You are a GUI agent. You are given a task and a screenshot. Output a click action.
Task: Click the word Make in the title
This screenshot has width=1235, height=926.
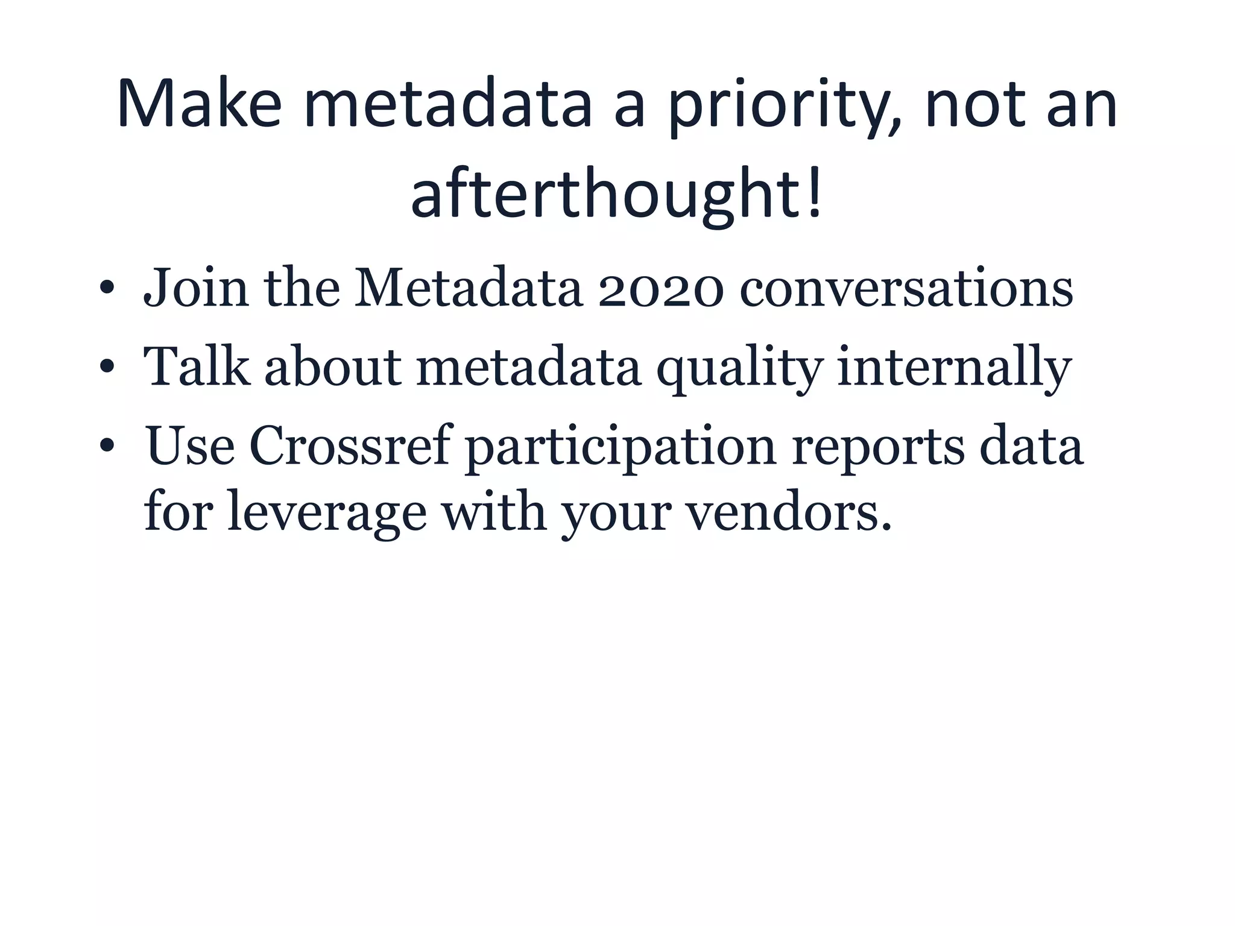pyautogui.click(x=200, y=104)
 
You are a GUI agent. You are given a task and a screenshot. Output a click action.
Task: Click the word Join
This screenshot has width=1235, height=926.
pyautogui.click(x=196, y=289)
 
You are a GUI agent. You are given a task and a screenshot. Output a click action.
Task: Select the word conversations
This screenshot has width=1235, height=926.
pyautogui.click(x=906, y=289)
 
